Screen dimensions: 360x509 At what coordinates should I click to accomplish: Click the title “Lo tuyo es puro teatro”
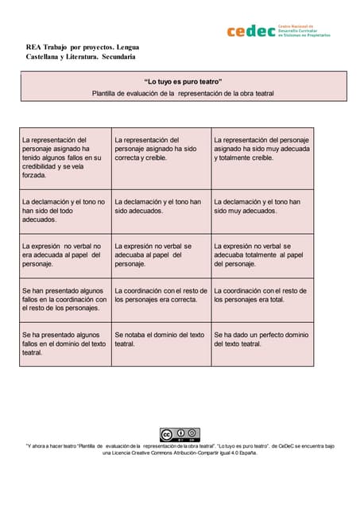183,82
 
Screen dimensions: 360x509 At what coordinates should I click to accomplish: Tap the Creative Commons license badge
180,434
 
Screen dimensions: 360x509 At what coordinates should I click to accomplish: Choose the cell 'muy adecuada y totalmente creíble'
262,157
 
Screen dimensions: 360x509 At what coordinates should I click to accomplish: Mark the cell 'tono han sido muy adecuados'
262,211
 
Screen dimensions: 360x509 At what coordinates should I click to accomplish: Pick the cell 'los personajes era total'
262,299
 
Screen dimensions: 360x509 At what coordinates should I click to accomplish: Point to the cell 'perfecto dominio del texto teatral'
262,344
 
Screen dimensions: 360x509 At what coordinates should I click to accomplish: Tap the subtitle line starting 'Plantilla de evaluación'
183,93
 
